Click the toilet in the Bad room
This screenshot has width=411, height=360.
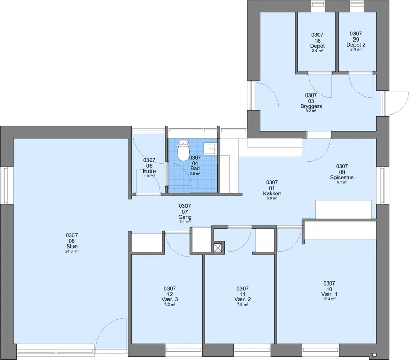pos(183,149)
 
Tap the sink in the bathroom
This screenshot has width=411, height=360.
pos(211,149)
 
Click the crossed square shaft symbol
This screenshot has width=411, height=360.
pos(218,248)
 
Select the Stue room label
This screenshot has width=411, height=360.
pos(72,247)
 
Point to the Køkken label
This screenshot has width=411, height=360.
pos(272,194)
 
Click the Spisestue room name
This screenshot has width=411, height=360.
pos(342,177)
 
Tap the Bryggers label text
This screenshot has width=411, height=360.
pos(311,106)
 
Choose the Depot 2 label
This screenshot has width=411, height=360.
pos(356,45)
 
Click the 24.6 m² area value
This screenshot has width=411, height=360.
pos(72,251)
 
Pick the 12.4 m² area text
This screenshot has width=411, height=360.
pos(329,299)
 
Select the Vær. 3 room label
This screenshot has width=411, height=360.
pos(170,299)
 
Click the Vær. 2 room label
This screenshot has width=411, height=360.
pos(242,299)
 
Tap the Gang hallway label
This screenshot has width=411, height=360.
pos(185,217)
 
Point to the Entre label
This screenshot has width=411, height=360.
pos(149,171)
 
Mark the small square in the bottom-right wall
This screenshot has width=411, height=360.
pos(374,354)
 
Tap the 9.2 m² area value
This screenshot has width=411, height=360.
pos(311,111)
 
